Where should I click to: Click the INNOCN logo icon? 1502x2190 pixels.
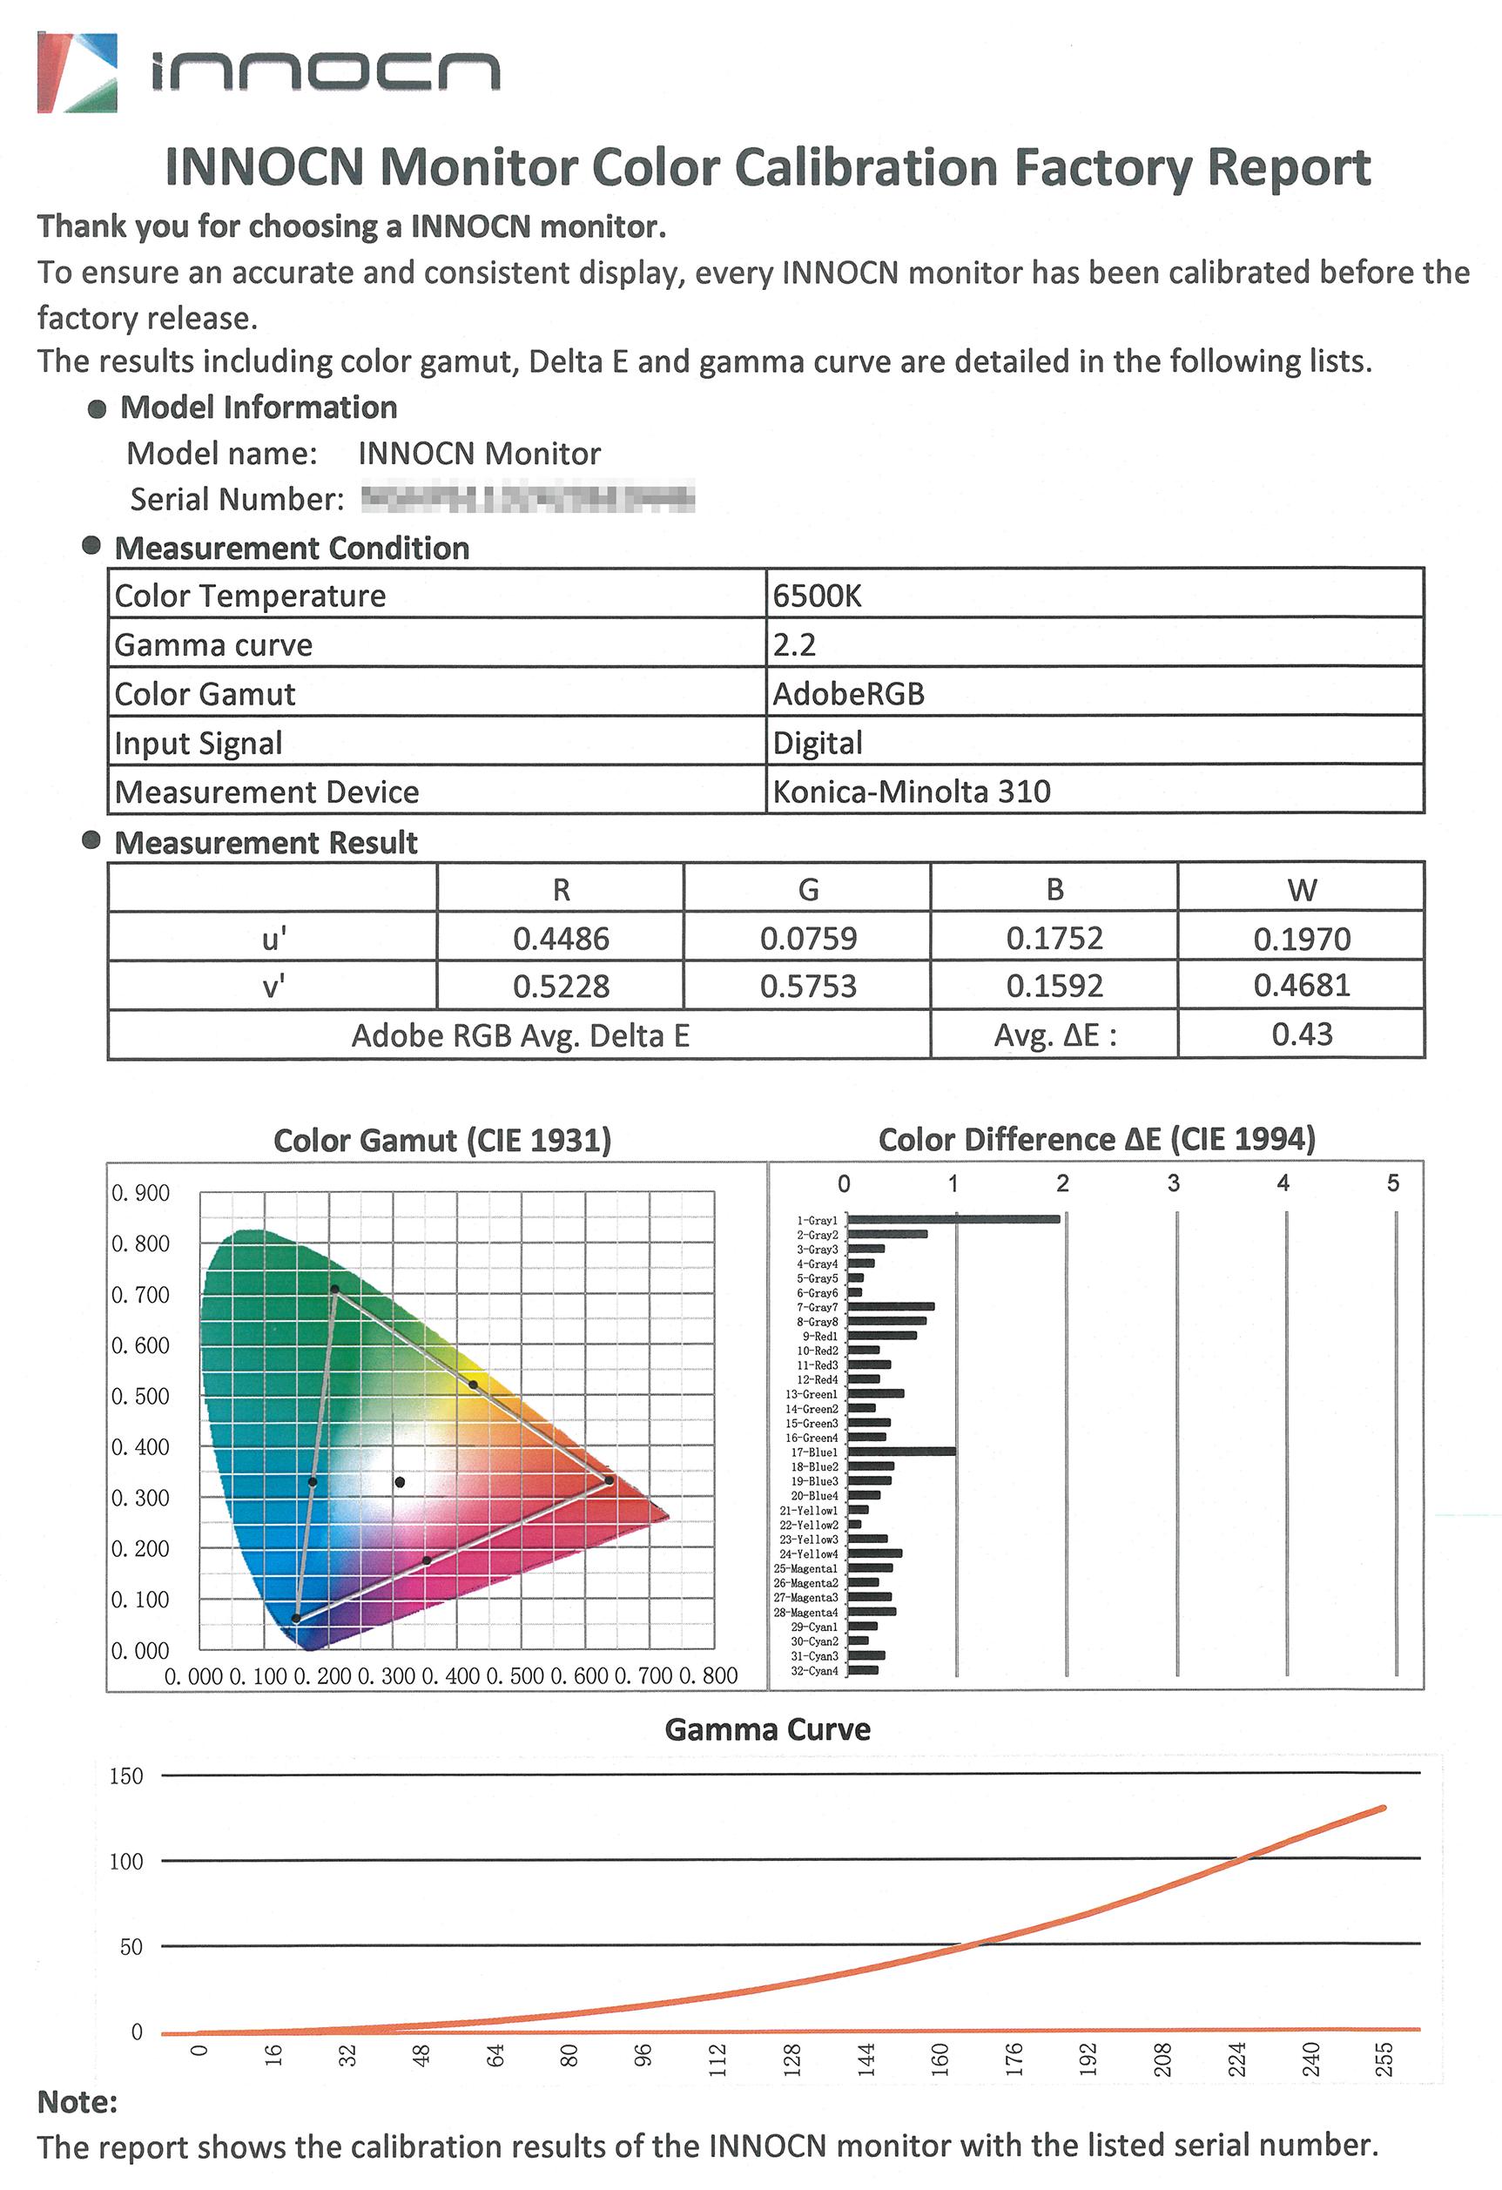pos(77,72)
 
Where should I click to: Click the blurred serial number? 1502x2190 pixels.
pos(528,496)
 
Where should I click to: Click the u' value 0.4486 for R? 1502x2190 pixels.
pos(561,938)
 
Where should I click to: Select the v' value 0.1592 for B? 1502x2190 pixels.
pos(1054,986)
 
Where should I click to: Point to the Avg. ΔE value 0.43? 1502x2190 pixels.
pos(1301,1034)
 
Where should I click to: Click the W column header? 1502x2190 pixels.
pos(1301,889)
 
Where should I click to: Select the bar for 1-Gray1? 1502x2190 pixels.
pos(953,1219)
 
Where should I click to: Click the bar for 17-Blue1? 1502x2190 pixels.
pos(901,1452)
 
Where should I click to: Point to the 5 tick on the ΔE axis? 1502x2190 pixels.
pos(1392,1183)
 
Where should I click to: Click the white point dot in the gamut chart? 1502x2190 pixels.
pos(400,1482)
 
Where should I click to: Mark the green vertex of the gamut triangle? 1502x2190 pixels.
pos(334,1289)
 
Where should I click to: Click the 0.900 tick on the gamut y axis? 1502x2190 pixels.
pos(140,1193)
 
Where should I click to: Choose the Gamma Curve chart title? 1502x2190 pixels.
pos(767,1729)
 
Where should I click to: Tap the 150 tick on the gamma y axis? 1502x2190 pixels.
pos(126,1776)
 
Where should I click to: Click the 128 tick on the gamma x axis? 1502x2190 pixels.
pos(791,2061)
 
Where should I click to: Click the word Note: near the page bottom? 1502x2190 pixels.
pos(77,2101)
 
